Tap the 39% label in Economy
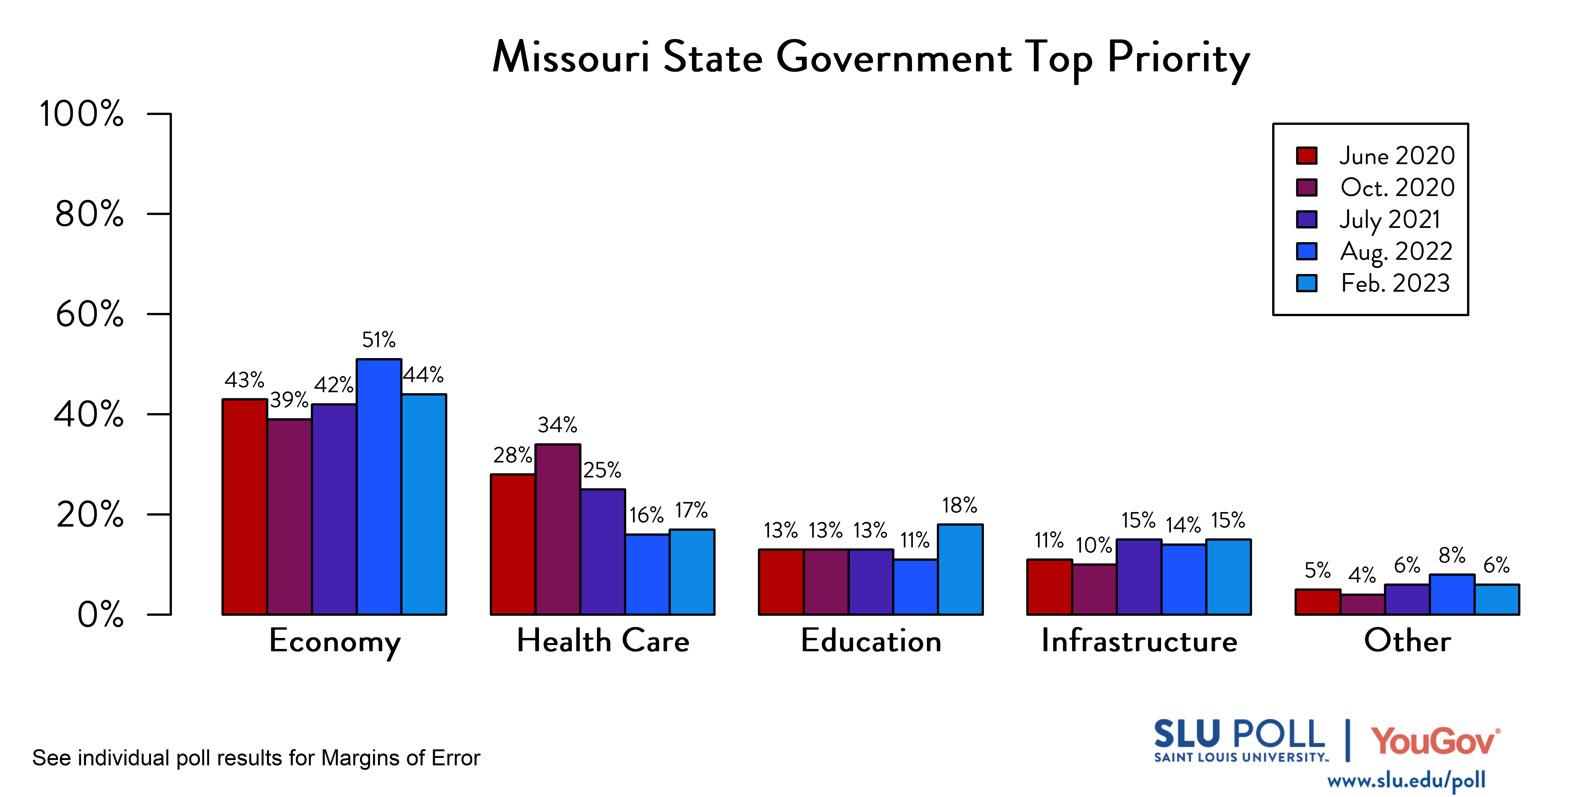point(289,400)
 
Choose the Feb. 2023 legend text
point(1395,283)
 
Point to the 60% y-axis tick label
point(90,314)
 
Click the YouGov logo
point(1434,741)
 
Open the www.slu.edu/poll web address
point(1406,781)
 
